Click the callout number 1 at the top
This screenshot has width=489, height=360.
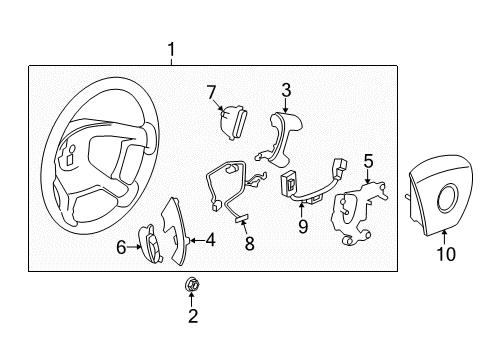(171, 49)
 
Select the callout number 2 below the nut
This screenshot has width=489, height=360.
(193, 317)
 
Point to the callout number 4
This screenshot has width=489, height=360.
(210, 240)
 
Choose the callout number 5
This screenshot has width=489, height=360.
(368, 159)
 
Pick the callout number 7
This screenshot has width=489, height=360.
(211, 93)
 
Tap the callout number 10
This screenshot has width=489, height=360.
(446, 254)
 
